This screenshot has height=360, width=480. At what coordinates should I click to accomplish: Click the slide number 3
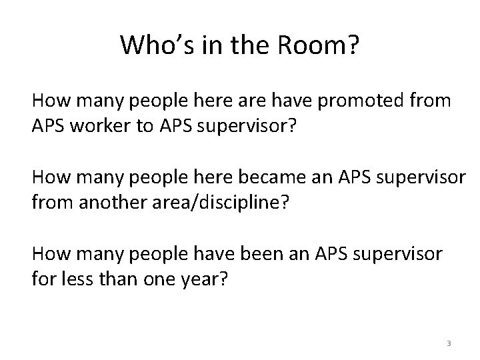(x=449, y=343)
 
